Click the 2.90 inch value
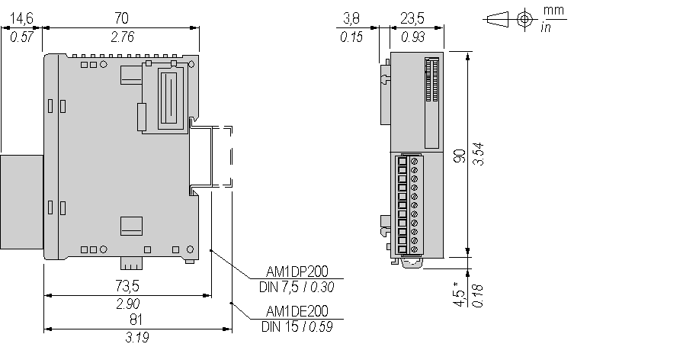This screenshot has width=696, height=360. click(127, 304)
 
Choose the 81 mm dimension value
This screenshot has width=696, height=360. click(136, 320)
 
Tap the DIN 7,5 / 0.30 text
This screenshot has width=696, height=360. click(297, 287)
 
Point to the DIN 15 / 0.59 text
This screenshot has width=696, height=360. click(297, 326)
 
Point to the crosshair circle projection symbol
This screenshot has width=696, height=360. click(524, 18)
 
